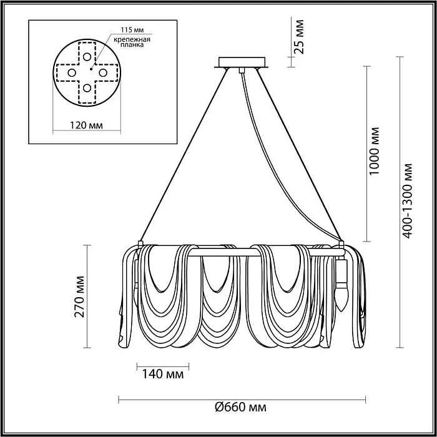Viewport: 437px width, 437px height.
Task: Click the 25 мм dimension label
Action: point(299,36)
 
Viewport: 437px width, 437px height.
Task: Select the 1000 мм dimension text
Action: point(375,151)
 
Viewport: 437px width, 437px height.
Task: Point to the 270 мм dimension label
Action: point(80,297)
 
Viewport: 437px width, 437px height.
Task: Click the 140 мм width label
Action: point(163,375)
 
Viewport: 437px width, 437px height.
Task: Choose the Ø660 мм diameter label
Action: point(240,408)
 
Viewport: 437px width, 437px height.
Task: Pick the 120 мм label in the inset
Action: point(86,125)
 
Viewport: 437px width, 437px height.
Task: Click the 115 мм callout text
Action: point(132,30)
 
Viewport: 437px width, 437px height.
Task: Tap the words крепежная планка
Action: point(132,42)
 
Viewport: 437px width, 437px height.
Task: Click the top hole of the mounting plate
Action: point(87,57)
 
